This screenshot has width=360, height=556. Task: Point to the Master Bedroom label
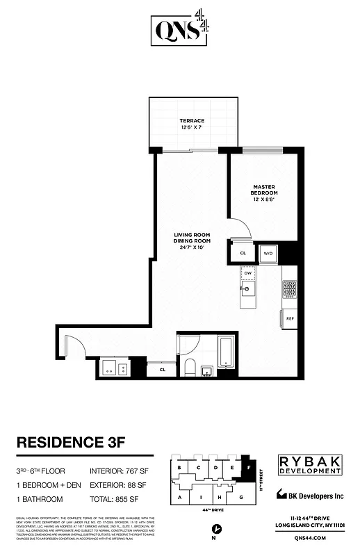265,188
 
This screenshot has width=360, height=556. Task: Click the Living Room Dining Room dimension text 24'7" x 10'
192,247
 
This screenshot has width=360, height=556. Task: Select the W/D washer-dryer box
268,254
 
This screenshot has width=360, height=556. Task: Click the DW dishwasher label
248,273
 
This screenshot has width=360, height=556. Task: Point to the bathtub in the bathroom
226,352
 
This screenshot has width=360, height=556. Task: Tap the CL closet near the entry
161,369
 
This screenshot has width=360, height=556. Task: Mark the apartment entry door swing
72,347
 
